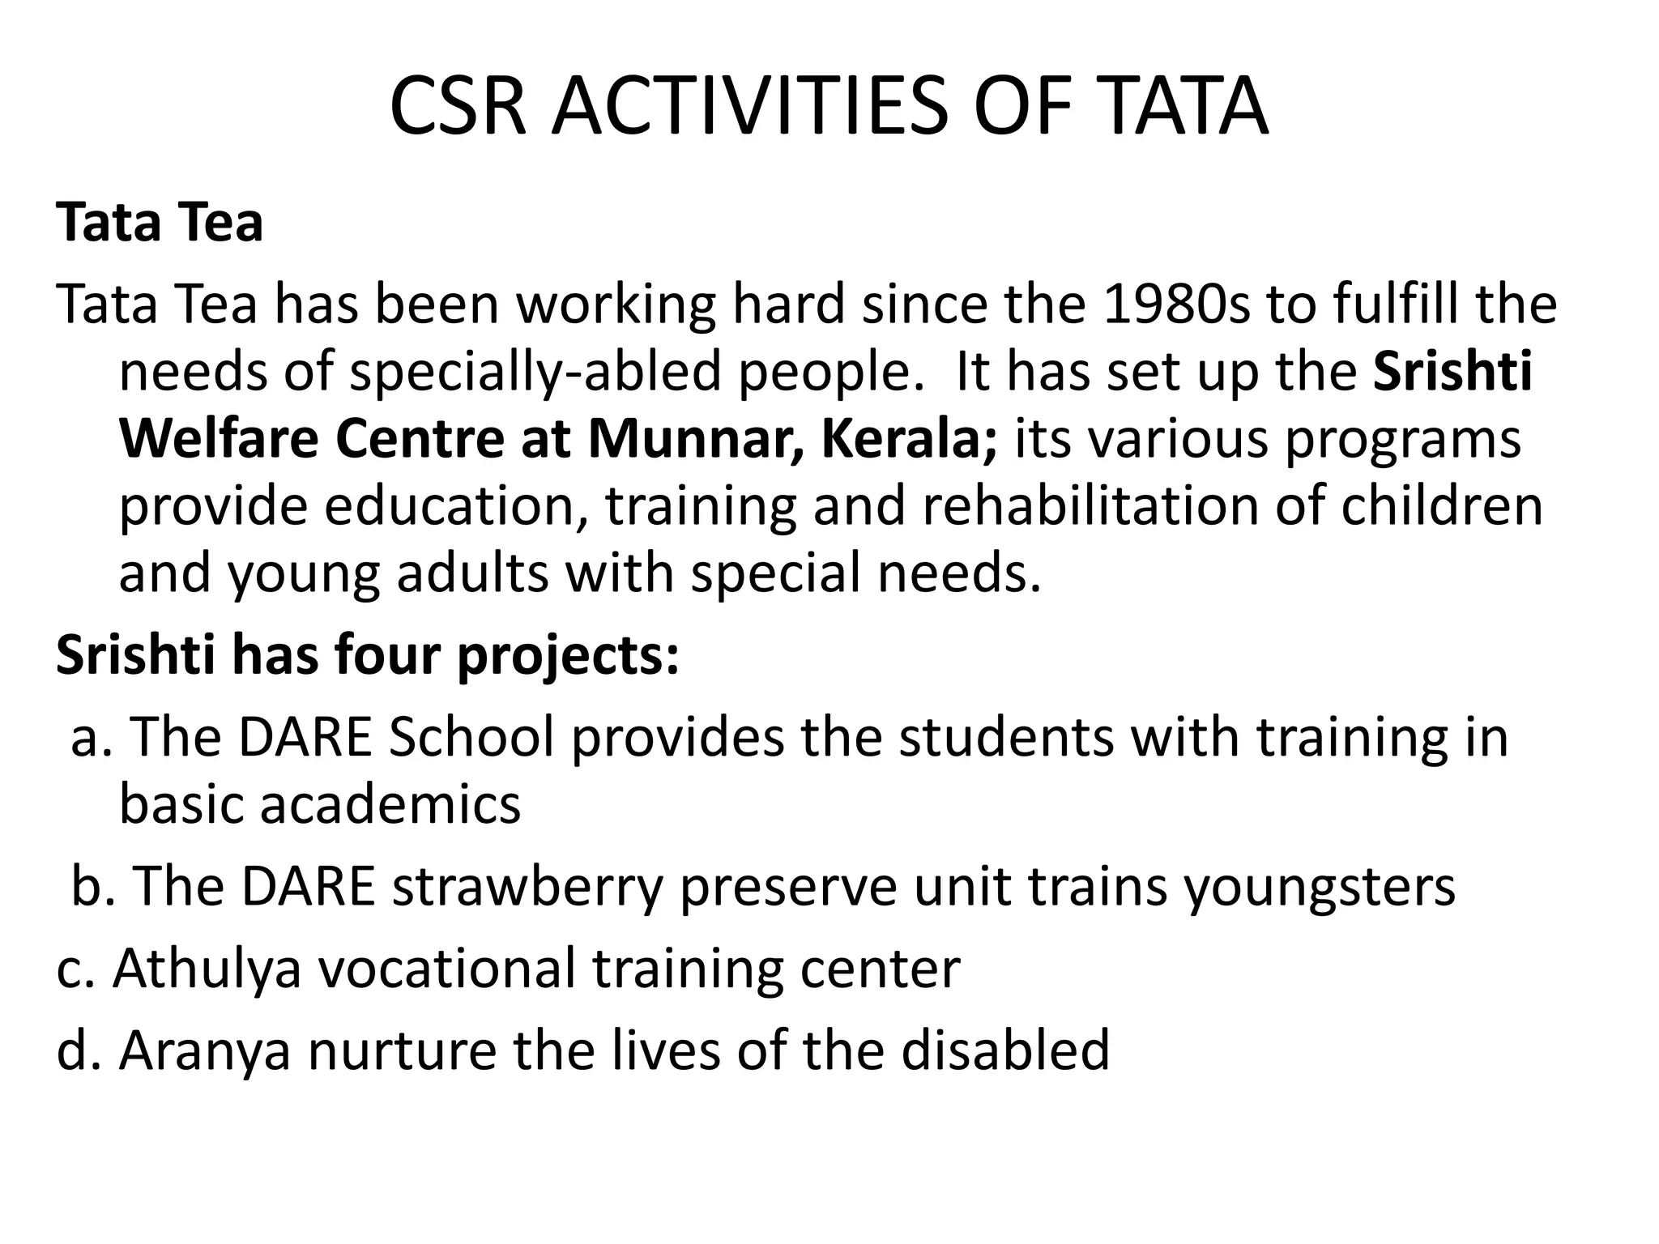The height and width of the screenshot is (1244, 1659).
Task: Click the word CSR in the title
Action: tap(458, 106)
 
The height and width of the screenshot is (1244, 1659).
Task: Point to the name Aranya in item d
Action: tap(205, 1050)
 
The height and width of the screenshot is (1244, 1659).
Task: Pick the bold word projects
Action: tap(568, 657)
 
